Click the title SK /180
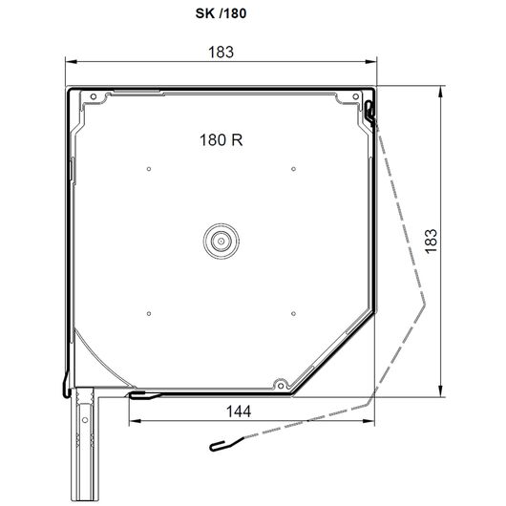pyautogui.click(x=221, y=13)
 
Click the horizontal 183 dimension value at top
pyautogui.click(x=221, y=52)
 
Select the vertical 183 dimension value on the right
pyautogui.click(x=432, y=242)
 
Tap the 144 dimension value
pyautogui.click(x=239, y=411)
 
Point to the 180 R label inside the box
pyautogui.click(x=221, y=140)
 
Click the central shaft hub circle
pyautogui.click(x=221, y=241)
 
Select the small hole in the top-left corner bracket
pyautogui.click(x=94, y=96)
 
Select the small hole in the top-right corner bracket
pyautogui.click(x=355, y=96)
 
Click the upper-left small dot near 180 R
pyautogui.click(x=149, y=169)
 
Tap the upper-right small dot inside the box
pyautogui.click(x=293, y=169)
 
